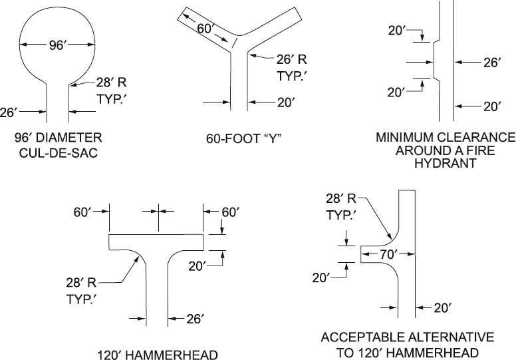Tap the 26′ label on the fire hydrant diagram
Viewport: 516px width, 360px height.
[492, 64]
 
